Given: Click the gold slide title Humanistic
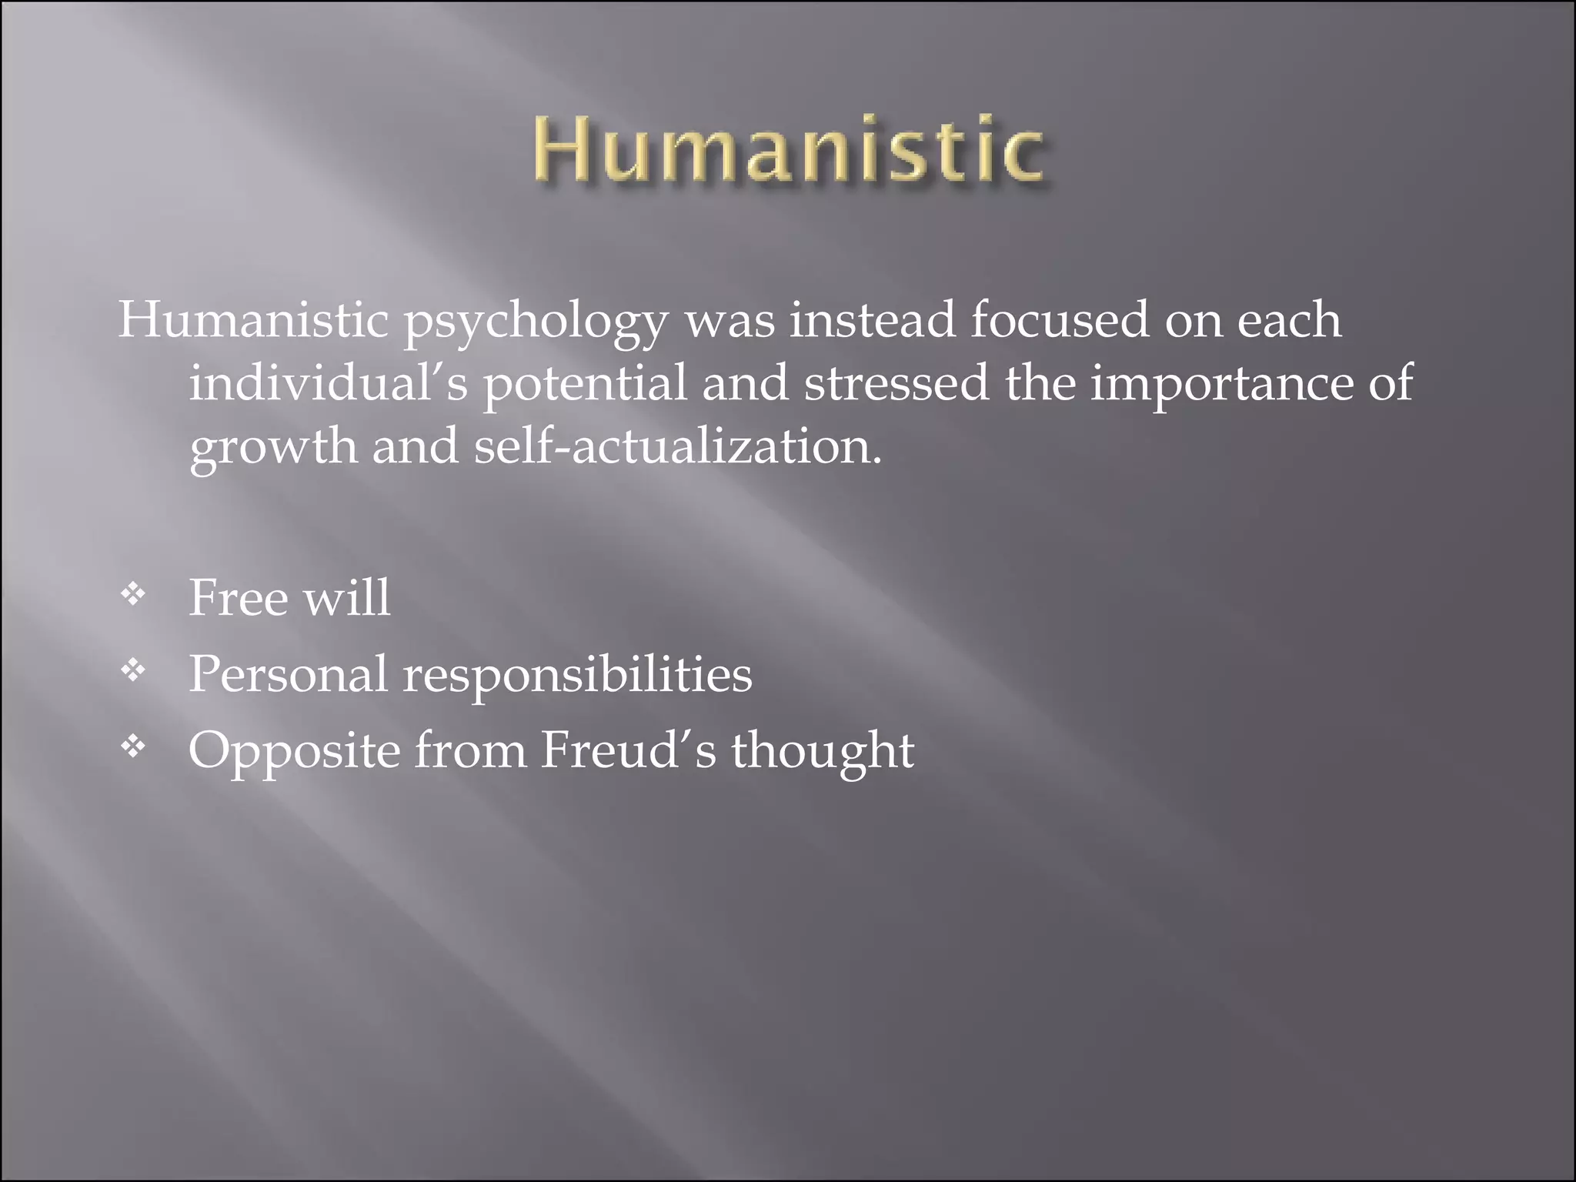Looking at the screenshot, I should [788, 149].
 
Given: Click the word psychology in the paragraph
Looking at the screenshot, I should [536, 322].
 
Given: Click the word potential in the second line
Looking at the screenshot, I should [585, 384].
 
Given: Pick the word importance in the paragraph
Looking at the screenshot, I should [1221, 384].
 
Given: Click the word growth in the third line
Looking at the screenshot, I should [273, 448].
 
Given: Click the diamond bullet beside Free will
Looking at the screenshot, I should [133, 594].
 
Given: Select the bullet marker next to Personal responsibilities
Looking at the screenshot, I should [133, 671].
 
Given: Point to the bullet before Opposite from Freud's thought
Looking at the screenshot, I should [133, 746].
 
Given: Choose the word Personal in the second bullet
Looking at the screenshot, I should [288, 674].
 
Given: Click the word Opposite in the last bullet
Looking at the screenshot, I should [294, 751].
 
